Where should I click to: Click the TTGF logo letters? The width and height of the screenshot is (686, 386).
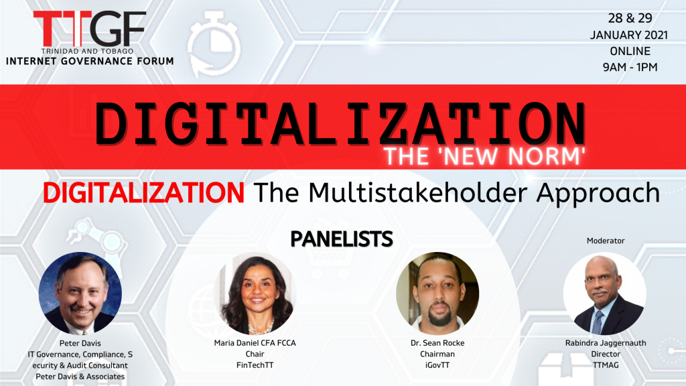[x=90, y=28]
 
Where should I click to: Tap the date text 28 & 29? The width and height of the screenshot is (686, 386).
[x=630, y=18]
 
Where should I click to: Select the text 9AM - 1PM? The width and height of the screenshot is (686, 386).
[x=630, y=67]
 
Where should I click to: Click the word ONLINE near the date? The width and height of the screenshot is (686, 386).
[x=630, y=51]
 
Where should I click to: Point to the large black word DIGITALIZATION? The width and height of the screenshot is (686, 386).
[x=340, y=124]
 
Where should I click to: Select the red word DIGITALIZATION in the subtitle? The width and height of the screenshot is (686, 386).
[x=143, y=192]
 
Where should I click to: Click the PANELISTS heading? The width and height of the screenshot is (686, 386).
[x=342, y=239]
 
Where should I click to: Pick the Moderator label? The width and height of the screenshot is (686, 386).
[x=606, y=241]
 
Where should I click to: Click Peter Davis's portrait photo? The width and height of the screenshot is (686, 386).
[x=80, y=294]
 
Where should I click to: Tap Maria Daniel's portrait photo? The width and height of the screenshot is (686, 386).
[x=255, y=294]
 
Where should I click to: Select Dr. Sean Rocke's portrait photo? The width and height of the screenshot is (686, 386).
[x=437, y=294]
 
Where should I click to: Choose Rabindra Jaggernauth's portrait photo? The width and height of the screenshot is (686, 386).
[x=605, y=294]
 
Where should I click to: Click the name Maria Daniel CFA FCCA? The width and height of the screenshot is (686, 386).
[x=255, y=343]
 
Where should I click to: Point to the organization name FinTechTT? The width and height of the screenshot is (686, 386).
[x=255, y=365]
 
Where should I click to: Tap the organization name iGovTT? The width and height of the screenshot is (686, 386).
[x=437, y=365]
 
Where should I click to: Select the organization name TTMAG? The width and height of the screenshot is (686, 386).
[x=606, y=365]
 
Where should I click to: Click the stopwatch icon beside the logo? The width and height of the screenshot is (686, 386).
[x=214, y=44]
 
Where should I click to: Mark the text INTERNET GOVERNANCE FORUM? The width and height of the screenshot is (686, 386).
[x=90, y=61]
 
